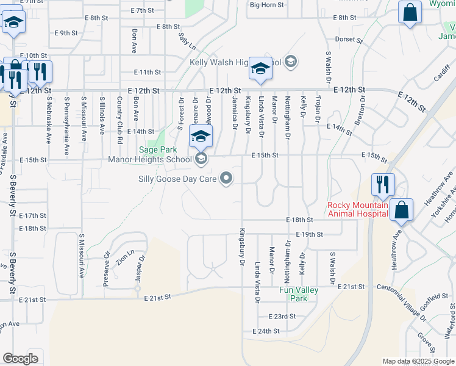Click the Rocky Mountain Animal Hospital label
coord(357,209)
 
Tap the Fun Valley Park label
coord(299,294)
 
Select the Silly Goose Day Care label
coord(179,179)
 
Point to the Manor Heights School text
coord(149,160)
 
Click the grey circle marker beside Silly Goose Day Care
coord(227,179)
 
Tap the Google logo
coord(20,359)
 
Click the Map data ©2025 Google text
coord(418,361)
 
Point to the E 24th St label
coord(266,331)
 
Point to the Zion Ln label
coord(127,256)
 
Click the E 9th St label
coord(66,33)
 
